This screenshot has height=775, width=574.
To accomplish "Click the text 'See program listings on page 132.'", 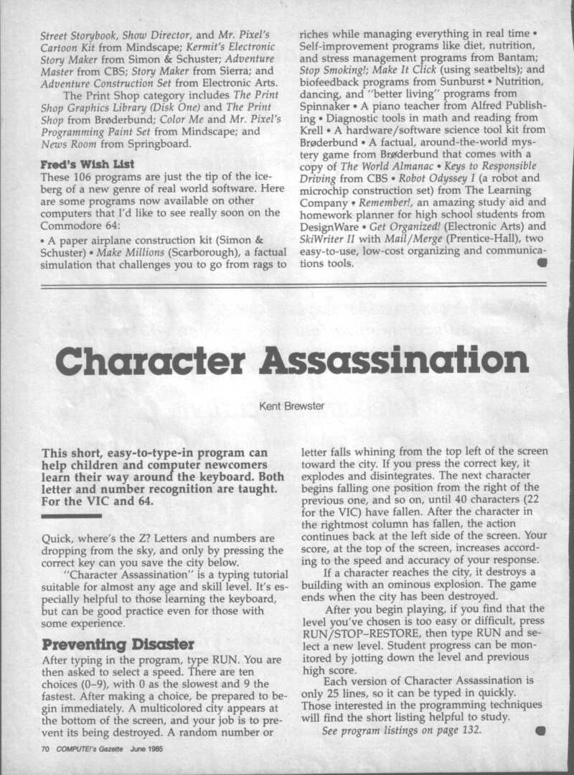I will click(402, 730).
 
